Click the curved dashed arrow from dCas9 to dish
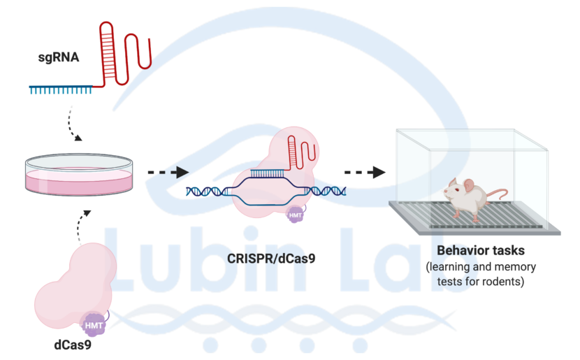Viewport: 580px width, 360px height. click(82, 224)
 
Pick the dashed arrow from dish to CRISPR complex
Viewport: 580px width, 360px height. click(168, 172)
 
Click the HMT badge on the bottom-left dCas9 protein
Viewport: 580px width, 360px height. click(94, 324)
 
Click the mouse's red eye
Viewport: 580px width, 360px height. click(454, 189)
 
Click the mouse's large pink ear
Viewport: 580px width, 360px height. click(468, 186)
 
